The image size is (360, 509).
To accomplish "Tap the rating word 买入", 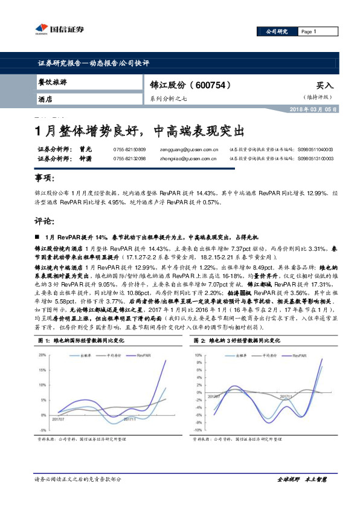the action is pos(324,86).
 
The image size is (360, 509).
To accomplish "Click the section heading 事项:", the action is pos(46,180).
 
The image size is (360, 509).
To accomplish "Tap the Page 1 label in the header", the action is pos(309,31).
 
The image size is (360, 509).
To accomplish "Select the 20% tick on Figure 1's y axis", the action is pos(42,355).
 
